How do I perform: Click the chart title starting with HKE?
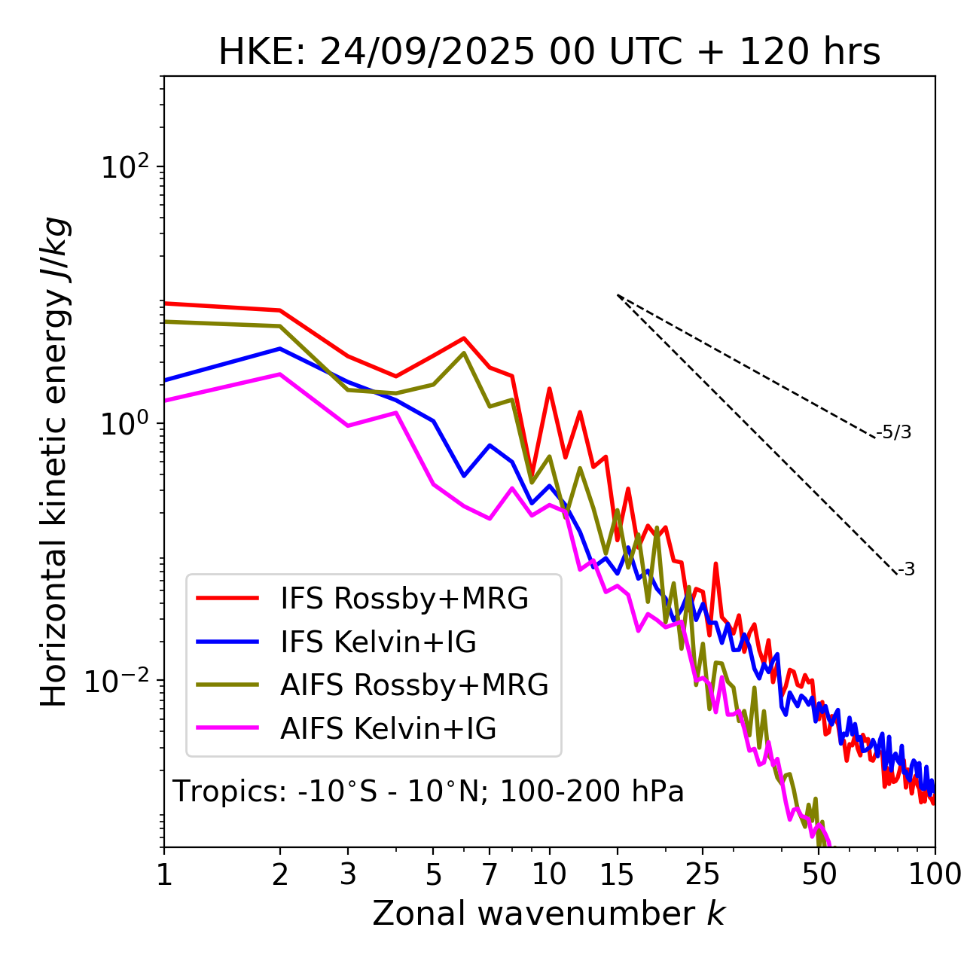[x=549, y=53]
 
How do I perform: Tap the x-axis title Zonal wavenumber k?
[x=548, y=914]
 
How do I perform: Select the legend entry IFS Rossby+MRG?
[x=404, y=599]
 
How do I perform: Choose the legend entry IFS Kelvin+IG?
[x=378, y=642]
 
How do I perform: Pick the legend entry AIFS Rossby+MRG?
[x=414, y=685]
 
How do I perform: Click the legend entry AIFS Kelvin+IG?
[x=388, y=728]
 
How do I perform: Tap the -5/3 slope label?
[x=894, y=432]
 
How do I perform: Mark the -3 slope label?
[x=907, y=570]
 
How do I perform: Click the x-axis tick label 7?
[x=490, y=874]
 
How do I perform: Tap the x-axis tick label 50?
[x=819, y=874]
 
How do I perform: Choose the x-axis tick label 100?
[x=935, y=874]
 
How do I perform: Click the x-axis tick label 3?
[x=348, y=874]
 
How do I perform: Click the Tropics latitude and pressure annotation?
[x=429, y=792]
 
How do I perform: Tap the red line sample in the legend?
[x=227, y=599]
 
